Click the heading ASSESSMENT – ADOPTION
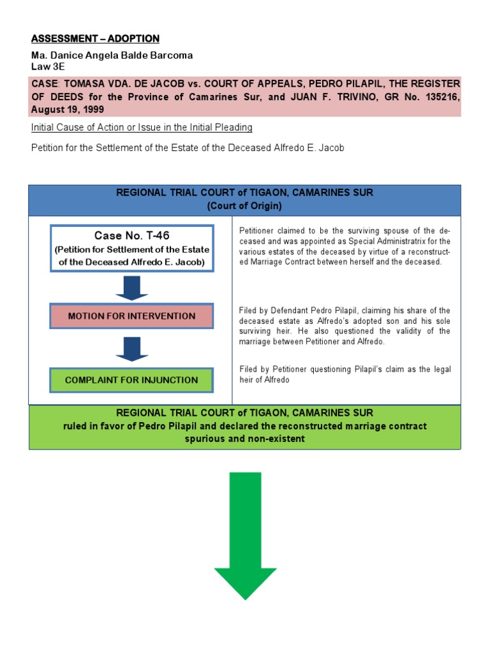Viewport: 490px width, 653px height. pos(95,39)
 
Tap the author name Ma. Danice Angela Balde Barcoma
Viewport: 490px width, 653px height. pos(112,55)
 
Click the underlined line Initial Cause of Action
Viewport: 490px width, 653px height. pos(142,128)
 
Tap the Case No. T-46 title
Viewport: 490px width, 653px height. pos(132,235)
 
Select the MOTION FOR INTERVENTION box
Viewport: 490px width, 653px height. pos(132,316)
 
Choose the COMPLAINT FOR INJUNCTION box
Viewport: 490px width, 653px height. pos(132,379)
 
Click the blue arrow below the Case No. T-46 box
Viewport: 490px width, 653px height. pos(132,286)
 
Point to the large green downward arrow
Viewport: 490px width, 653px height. pos(245,536)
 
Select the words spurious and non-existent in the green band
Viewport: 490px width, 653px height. pos(244,439)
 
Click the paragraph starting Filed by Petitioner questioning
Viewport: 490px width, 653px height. pos(345,374)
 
